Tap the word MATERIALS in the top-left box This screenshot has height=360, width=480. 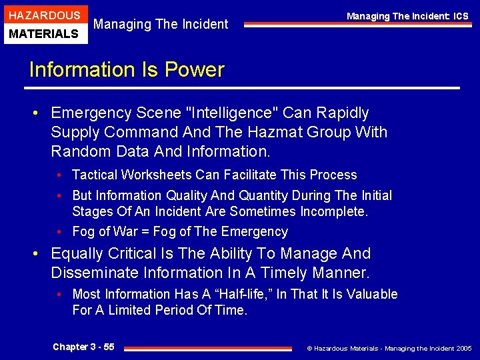45,33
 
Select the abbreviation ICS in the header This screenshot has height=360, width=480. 459,16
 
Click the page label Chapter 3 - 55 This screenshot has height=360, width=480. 83,347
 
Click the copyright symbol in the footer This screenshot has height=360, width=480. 309,348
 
